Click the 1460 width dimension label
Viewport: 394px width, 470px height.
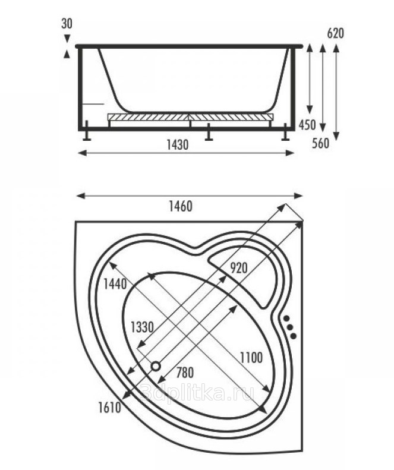(x=181, y=207)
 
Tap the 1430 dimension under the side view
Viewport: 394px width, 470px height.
(x=178, y=145)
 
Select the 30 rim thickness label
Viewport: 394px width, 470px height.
(x=67, y=24)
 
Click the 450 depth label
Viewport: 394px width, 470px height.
(x=307, y=125)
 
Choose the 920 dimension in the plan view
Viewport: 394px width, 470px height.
(x=238, y=267)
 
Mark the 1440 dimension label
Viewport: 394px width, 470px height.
(x=115, y=284)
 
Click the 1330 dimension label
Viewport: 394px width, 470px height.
(x=142, y=326)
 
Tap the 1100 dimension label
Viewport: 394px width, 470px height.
(x=251, y=357)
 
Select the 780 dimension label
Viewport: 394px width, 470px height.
(x=185, y=373)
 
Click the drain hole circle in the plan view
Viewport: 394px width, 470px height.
(x=156, y=367)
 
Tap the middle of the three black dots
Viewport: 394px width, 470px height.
(x=289, y=327)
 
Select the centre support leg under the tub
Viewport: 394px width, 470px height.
(x=208, y=134)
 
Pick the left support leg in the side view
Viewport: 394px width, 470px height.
(x=87, y=132)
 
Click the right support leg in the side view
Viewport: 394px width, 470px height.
(x=285, y=132)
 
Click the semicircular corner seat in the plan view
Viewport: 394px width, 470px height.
(x=250, y=270)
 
